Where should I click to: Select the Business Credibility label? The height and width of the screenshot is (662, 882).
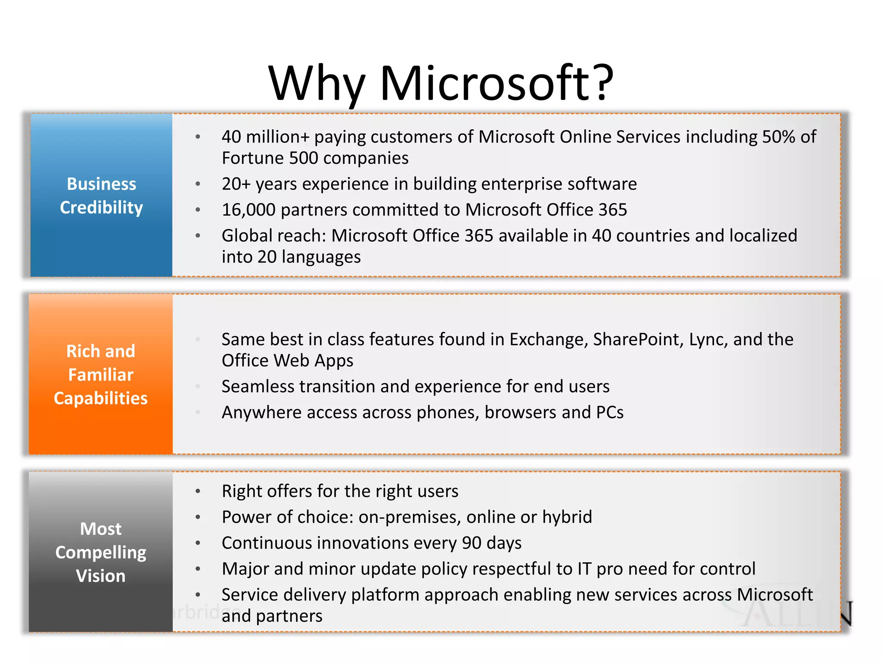coord(101,196)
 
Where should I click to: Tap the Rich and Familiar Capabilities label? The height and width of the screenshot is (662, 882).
coord(101,375)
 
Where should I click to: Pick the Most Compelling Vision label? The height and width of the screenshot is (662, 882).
coord(101,552)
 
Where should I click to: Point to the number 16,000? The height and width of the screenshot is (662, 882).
coord(248,210)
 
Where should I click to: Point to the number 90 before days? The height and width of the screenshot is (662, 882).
coord(471,543)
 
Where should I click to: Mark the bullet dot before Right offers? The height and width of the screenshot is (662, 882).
coord(198,491)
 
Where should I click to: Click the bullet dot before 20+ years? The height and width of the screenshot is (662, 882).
coord(198,184)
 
